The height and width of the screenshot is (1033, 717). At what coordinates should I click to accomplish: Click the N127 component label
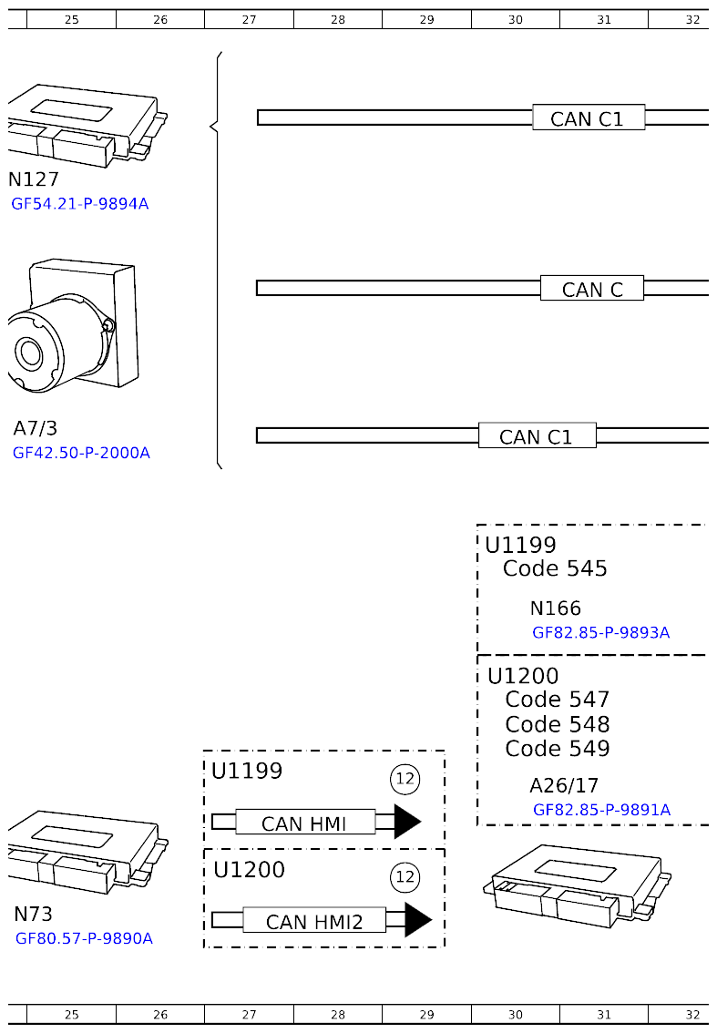coord(34,179)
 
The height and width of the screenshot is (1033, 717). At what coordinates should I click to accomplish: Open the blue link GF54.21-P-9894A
coord(79,204)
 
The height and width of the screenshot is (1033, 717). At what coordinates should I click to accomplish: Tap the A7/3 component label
coord(36,428)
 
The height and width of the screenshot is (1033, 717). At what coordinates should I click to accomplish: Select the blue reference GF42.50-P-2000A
coord(81,453)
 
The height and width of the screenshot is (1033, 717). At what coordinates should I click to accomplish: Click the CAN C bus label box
coord(592,289)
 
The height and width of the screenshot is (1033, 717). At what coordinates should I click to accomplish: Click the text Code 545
coord(555,568)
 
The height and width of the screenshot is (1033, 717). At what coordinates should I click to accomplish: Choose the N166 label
coord(555,609)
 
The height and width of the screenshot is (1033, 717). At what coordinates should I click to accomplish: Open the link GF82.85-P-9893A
coord(600,632)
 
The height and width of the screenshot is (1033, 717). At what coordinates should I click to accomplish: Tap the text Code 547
coord(557,700)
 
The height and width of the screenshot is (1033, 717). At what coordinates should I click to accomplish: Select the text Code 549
coord(557,749)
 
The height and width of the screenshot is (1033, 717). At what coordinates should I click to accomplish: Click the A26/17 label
coord(564,785)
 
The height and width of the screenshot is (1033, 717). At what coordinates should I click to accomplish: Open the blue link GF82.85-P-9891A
coord(601,809)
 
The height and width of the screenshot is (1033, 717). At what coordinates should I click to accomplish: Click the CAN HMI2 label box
coord(313,922)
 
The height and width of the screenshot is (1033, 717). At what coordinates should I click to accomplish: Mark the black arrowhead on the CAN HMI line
coord(406,822)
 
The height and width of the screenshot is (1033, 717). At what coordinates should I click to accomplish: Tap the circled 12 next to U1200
coord(405,877)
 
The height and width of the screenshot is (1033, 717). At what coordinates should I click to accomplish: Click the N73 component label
coord(33,914)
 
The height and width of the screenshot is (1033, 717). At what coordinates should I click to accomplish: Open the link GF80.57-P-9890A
coord(84,938)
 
